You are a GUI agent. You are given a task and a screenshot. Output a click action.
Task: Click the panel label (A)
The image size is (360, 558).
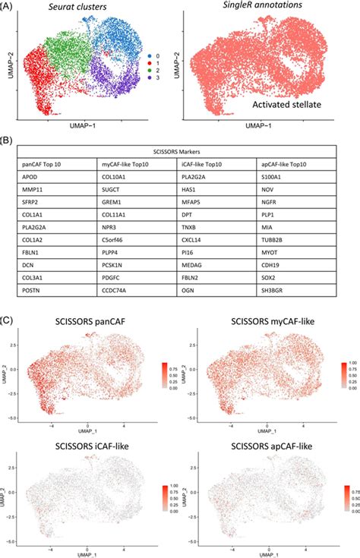pos(11,8)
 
